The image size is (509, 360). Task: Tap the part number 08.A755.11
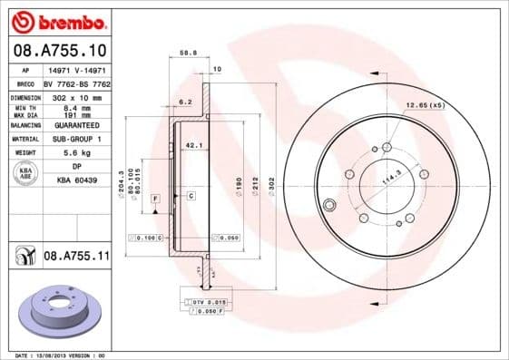(76, 258)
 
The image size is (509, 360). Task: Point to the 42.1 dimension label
(192, 144)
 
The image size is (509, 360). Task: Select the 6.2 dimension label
(185, 102)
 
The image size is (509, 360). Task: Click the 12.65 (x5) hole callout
(426, 106)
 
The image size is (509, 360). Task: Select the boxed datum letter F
(155, 198)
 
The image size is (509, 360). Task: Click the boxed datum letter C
(191, 196)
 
